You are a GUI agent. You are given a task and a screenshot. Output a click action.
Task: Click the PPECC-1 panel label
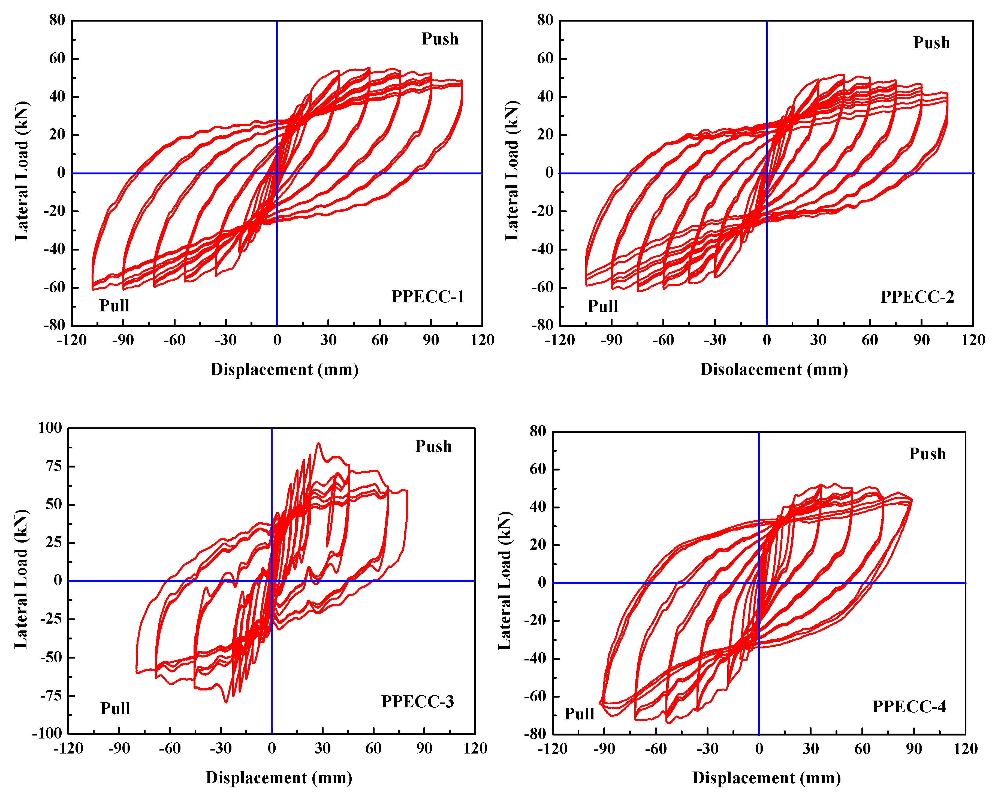tap(428, 297)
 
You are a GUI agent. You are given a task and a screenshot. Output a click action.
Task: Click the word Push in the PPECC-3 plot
tap(433, 446)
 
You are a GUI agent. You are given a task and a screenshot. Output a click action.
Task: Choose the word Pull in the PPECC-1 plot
tap(114, 306)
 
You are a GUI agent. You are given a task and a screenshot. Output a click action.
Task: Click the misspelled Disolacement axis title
tap(774, 370)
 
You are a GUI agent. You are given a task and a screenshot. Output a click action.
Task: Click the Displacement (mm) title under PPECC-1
tap(284, 370)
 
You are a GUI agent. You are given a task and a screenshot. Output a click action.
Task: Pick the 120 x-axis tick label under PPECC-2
tap(973, 340)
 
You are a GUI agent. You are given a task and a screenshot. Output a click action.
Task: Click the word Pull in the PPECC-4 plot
tap(579, 714)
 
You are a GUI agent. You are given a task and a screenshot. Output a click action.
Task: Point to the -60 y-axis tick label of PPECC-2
tap(542, 287)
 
